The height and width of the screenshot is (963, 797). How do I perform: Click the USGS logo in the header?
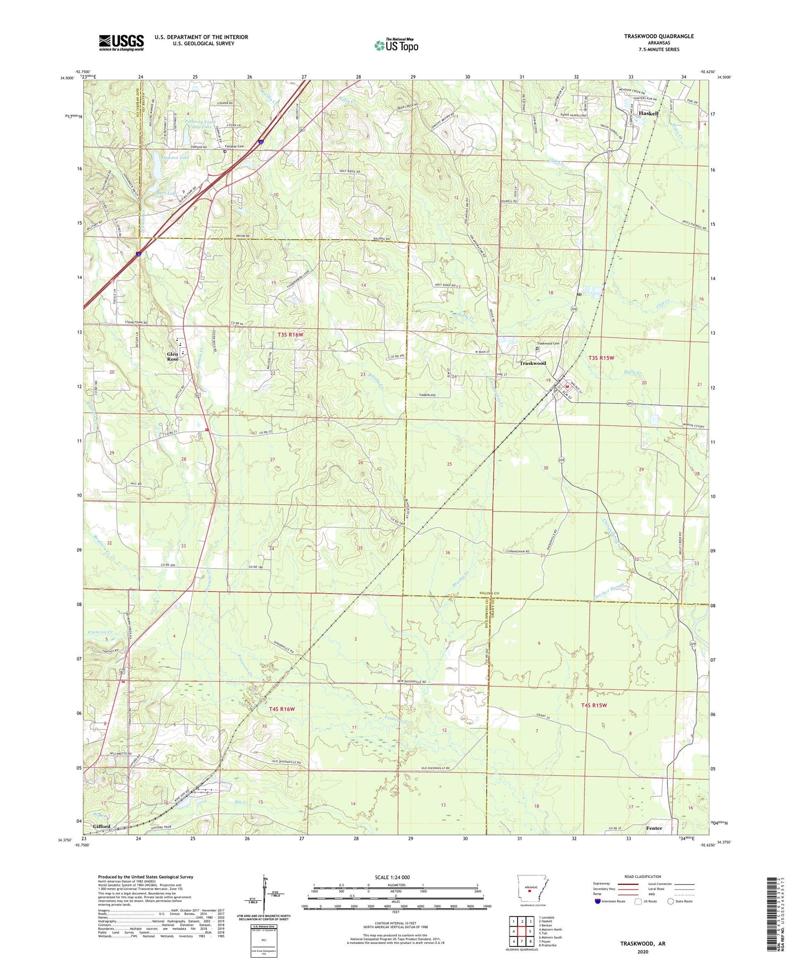click(x=121, y=42)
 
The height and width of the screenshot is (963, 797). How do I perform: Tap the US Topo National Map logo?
click(x=396, y=45)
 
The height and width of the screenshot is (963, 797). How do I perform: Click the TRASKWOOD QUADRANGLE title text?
click(x=659, y=36)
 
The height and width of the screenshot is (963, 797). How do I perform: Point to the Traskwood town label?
click(x=532, y=363)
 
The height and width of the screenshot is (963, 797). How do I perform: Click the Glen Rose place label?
click(x=173, y=356)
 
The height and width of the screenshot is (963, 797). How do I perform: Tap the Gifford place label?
click(x=101, y=827)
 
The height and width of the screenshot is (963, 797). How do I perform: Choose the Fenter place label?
click(x=654, y=828)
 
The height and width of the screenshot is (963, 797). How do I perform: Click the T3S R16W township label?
click(x=290, y=335)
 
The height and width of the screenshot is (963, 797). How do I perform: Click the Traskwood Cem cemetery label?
click(x=548, y=343)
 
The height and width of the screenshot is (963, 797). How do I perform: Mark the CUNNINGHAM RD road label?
click(x=516, y=552)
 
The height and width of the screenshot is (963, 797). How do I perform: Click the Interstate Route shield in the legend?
click(x=598, y=901)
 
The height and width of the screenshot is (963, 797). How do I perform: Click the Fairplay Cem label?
click(x=234, y=146)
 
